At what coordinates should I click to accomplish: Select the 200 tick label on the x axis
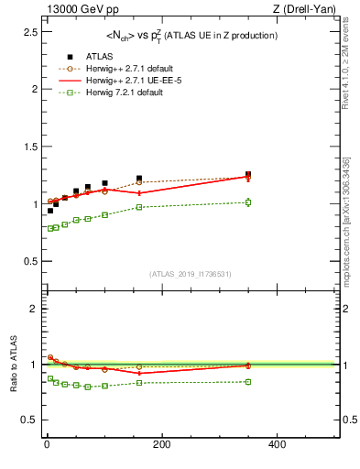(161, 444)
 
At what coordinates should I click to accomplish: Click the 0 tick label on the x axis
(47, 444)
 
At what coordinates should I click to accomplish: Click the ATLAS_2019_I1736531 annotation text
(191, 274)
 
